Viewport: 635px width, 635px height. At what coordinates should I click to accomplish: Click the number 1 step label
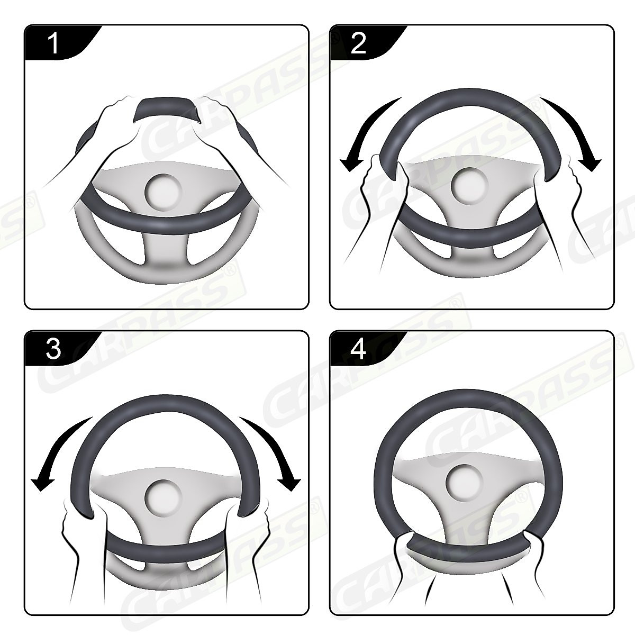click(54, 43)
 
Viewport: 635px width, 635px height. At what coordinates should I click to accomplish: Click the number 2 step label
click(358, 43)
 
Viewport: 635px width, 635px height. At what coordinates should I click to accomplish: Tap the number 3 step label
click(54, 349)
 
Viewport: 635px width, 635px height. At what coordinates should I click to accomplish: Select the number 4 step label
click(358, 349)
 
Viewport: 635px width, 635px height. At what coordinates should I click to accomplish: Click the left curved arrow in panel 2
click(365, 132)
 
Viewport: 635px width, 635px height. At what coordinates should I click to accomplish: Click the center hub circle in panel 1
click(165, 192)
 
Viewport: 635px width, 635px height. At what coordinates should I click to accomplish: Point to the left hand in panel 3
click(79, 529)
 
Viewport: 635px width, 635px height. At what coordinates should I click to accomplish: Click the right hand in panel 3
click(249, 529)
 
